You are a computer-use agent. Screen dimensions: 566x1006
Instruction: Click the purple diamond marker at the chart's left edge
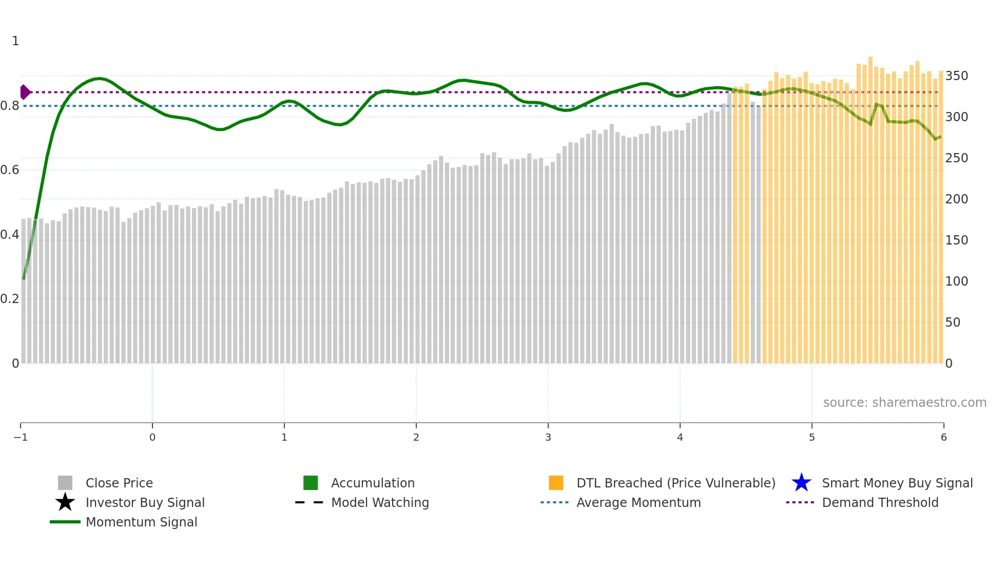click(25, 92)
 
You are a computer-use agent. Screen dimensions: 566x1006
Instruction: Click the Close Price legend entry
click(119, 483)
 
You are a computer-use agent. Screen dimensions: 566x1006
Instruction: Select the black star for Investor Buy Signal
click(65, 502)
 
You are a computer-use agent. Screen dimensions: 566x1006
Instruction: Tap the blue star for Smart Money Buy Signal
click(801, 483)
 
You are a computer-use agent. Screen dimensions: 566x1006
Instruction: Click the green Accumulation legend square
click(311, 483)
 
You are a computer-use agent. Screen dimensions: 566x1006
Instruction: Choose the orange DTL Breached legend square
click(556, 483)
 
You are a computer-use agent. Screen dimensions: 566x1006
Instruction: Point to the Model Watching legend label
click(380, 502)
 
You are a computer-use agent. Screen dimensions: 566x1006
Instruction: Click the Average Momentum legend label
click(639, 502)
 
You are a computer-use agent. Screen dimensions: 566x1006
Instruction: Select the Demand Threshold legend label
click(880, 502)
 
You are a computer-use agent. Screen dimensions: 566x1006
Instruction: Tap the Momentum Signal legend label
click(141, 522)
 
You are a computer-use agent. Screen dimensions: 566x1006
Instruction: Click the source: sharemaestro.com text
click(904, 402)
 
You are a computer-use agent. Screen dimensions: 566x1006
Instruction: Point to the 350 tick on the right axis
click(956, 76)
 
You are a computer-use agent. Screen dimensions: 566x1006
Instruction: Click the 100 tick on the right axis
click(956, 281)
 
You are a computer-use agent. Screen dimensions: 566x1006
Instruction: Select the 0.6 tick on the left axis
click(10, 170)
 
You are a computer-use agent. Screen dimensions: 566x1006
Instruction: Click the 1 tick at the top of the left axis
click(15, 41)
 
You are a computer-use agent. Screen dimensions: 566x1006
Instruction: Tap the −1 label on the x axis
click(21, 437)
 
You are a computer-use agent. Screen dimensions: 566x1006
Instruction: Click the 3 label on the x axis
click(548, 437)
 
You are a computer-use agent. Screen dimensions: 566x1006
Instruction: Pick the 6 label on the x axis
click(943, 437)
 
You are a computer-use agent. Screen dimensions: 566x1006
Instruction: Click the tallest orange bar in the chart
click(870, 205)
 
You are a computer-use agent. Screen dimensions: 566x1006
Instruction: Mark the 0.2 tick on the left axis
click(10, 299)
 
